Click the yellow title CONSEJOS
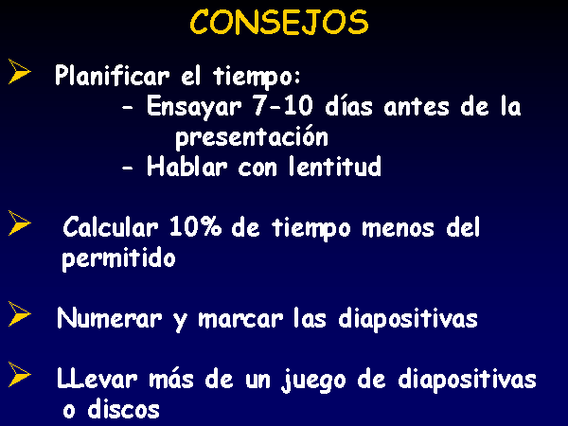coord(279,22)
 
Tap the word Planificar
coord(113,76)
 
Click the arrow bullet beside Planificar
coord(19,71)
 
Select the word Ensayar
coord(194,107)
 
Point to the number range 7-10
coord(283,106)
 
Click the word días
coord(348,106)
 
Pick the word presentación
coord(252,137)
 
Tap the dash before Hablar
coord(127,169)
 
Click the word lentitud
coord(335,167)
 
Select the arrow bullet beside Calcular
coord(19,222)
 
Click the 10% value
coord(195,227)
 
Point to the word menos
coord(398,228)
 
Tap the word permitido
coord(119,258)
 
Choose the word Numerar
coord(109,318)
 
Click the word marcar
coord(240,319)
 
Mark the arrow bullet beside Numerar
coord(19,313)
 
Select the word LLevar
coord(98,379)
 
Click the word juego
coord(313,381)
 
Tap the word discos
coord(123,409)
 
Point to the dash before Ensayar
coord(127,108)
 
